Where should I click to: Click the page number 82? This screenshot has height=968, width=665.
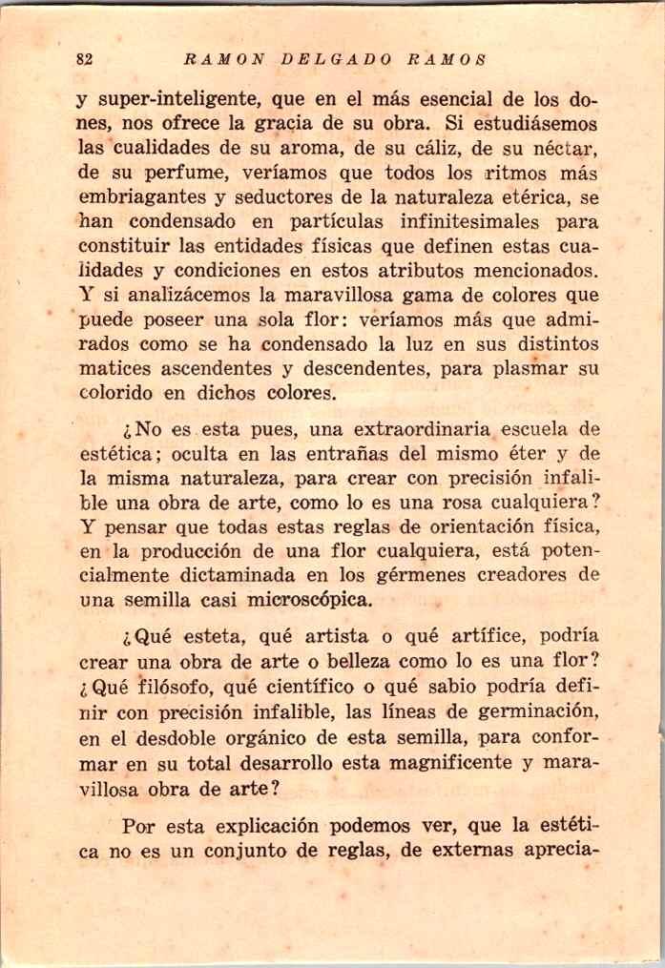83,58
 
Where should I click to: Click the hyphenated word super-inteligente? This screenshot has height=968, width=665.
176,99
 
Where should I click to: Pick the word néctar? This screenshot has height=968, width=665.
566,149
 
